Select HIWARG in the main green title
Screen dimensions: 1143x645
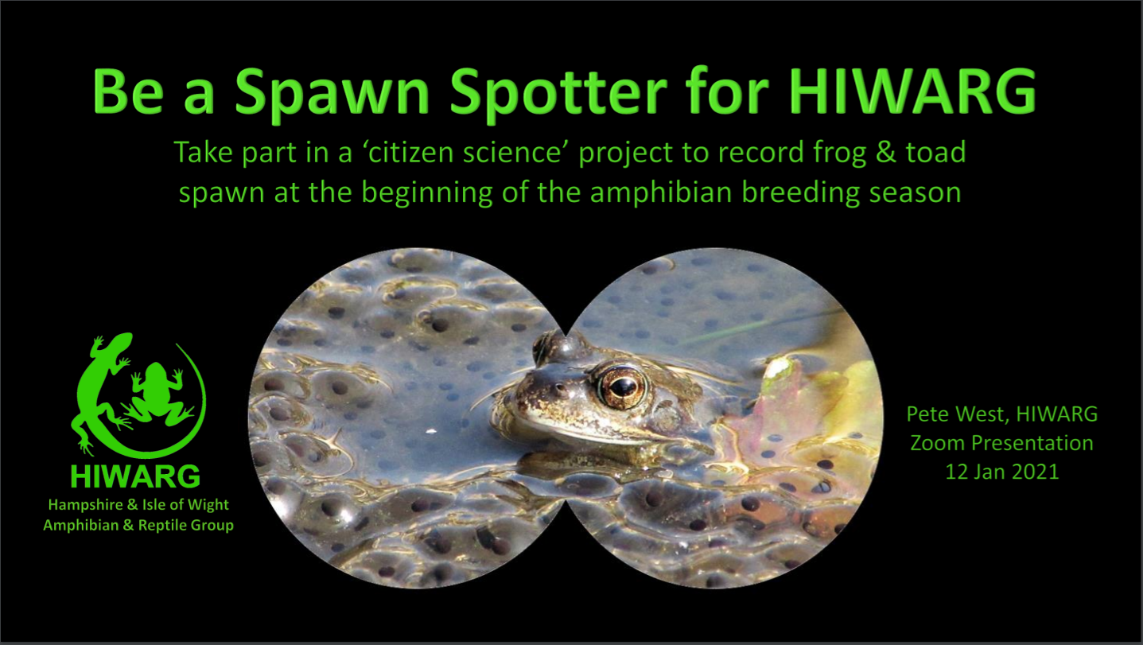(912, 91)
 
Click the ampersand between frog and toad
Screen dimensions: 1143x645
(885, 152)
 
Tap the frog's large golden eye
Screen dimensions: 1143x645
(621, 387)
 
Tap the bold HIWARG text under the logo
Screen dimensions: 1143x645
(136, 476)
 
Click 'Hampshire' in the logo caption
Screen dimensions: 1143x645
(86, 505)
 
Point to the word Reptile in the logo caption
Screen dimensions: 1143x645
(161, 525)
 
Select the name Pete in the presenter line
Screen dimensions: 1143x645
(928, 414)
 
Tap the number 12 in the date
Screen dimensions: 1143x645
(956, 472)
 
